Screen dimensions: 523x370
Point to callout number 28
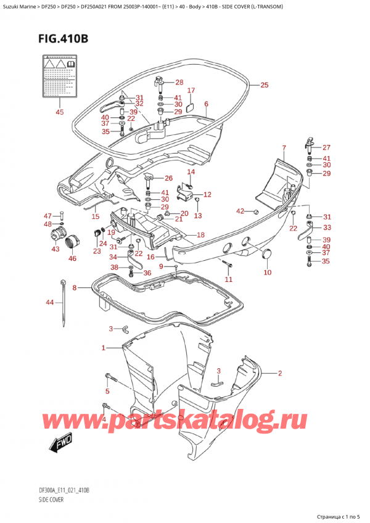click(x=179, y=83)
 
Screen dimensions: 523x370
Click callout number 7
click(x=284, y=147)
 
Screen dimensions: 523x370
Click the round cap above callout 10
click(x=268, y=253)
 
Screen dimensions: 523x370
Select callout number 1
click(x=104, y=348)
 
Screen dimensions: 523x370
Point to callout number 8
click(x=75, y=288)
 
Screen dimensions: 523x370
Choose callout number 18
click(x=200, y=235)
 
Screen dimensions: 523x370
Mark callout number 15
click(x=95, y=216)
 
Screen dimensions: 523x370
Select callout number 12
click(x=207, y=194)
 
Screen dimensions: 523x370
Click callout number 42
click(x=240, y=212)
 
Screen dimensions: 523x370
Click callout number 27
click(x=326, y=147)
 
